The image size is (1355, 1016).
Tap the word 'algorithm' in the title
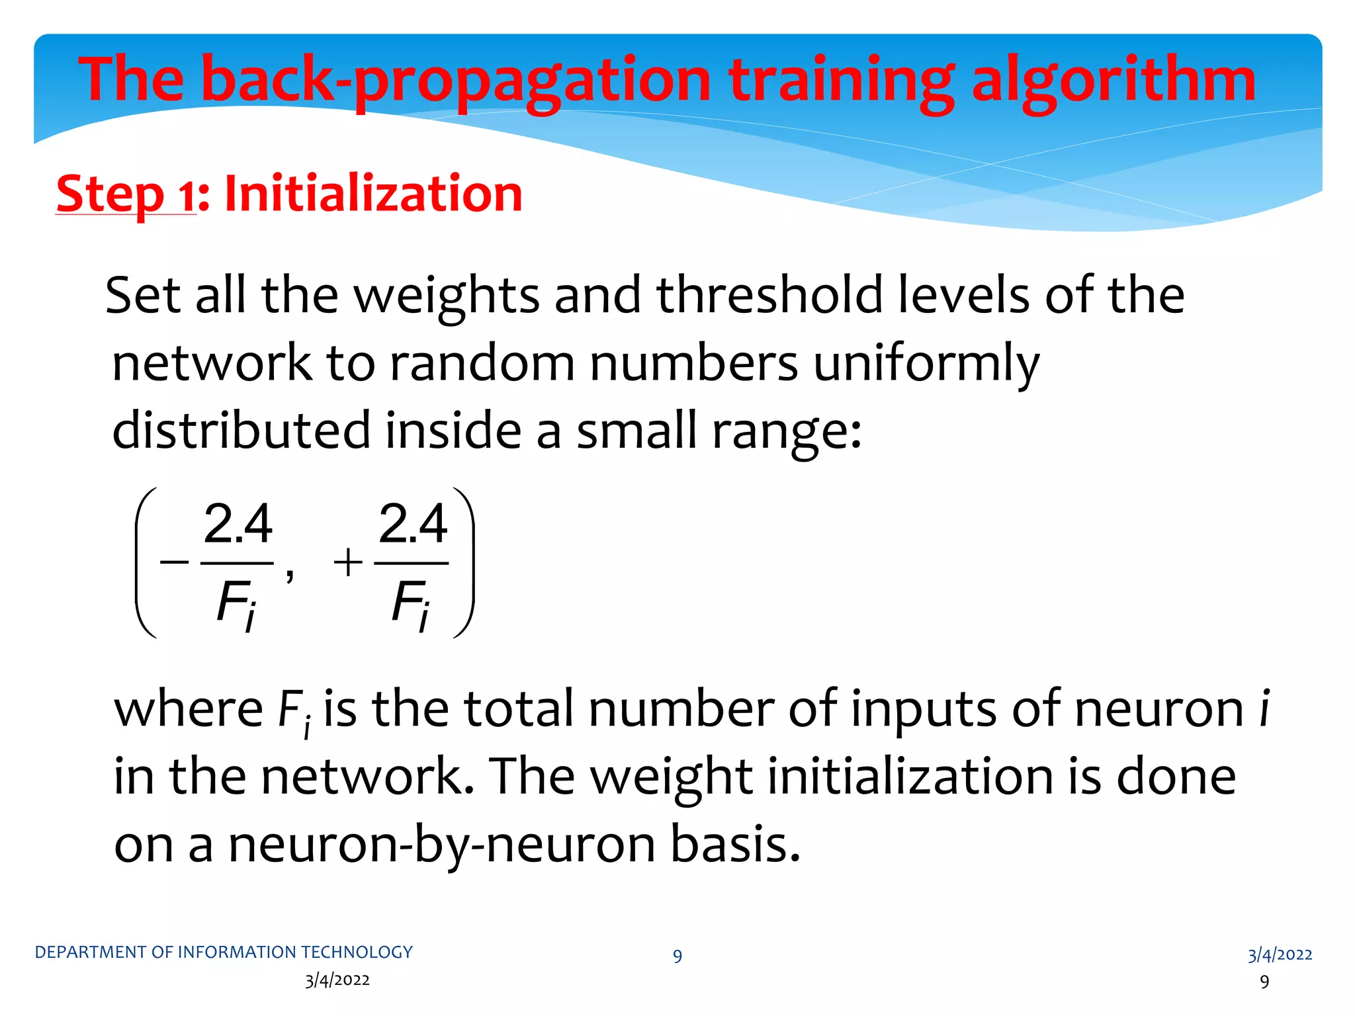coord(1113,81)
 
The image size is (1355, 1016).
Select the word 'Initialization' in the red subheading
coord(374,193)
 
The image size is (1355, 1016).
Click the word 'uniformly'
coord(926,363)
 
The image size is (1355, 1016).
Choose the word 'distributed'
coord(241,430)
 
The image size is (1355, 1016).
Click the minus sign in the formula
coord(174,563)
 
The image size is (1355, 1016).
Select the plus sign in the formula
coord(348,563)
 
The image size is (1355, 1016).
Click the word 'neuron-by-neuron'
coord(441,845)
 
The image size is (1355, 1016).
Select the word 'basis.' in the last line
coord(735,845)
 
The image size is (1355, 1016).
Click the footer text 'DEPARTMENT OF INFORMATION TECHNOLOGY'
coord(224,952)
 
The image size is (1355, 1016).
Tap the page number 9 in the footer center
coord(677,956)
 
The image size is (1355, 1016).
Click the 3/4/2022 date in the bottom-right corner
coord(1280,954)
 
